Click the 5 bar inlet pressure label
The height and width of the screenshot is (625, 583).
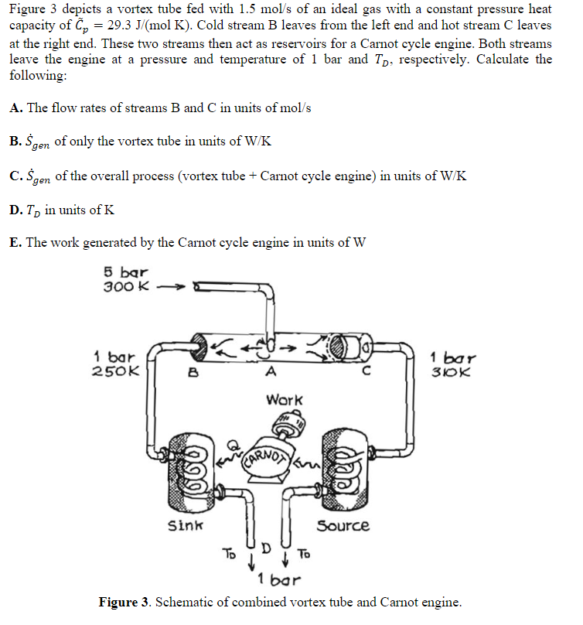click(125, 272)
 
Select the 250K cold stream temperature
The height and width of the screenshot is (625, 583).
click(116, 371)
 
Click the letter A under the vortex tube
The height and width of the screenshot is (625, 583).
click(269, 371)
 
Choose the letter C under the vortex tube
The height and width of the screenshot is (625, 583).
click(369, 371)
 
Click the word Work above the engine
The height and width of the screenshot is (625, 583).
click(285, 400)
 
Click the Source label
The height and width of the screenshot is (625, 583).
click(343, 526)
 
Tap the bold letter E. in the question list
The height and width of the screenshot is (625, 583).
click(15, 242)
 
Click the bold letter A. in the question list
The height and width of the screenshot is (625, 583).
click(15, 108)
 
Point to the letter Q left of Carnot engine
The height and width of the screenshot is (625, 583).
click(231, 447)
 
